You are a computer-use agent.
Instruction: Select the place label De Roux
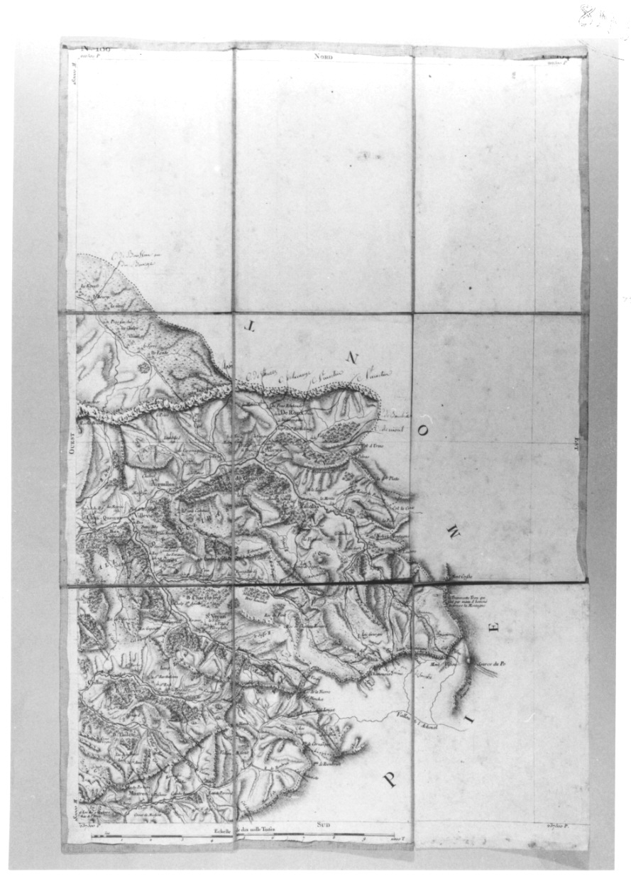click(x=291, y=412)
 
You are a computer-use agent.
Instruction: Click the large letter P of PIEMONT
click(x=390, y=780)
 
